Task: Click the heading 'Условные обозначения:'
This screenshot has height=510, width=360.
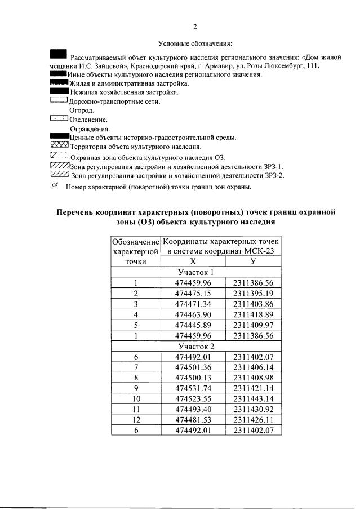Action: pyautogui.click(x=195, y=43)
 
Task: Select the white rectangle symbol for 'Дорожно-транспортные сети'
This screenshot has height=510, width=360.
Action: pyautogui.click(x=59, y=101)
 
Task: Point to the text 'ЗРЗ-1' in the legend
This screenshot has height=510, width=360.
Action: pyautogui.click(x=272, y=166)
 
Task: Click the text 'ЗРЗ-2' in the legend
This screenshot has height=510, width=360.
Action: pyautogui.click(x=273, y=175)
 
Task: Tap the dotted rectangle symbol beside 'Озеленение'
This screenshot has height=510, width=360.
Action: pyautogui.click(x=59, y=119)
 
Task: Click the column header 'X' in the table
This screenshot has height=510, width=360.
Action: pyautogui.click(x=193, y=261)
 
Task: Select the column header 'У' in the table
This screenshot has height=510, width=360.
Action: pyautogui.click(x=253, y=261)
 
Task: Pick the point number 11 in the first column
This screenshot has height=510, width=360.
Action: pyautogui.click(x=136, y=410)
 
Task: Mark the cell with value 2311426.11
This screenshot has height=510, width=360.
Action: pyautogui.click(x=253, y=420)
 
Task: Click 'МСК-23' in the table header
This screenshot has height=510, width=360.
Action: pyautogui.click(x=259, y=251)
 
